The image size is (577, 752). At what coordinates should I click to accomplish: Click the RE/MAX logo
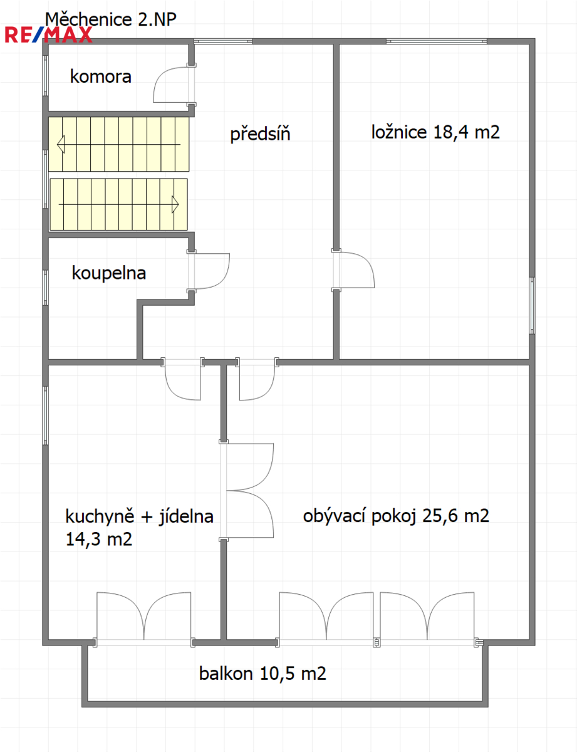coord(48,35)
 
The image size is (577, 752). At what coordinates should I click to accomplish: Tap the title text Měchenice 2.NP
coord(111,19)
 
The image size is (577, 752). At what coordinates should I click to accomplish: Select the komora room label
coord(101,76)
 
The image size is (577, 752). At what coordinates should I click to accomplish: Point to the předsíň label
coord(260,134)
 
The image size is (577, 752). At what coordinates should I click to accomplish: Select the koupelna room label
coord(109,273)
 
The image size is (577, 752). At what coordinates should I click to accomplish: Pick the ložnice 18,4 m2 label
coord(435,132)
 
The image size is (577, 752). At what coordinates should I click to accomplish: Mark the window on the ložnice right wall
coord(532,306)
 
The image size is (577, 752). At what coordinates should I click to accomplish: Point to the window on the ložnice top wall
coord(437,41)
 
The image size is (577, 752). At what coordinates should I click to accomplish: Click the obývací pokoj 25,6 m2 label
coord(396,516)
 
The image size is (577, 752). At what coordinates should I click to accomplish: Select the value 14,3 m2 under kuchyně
coord(99,540)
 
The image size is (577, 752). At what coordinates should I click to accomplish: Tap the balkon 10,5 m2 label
coord(263,674)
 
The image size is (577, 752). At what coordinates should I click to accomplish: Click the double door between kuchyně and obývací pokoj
coord(247,491)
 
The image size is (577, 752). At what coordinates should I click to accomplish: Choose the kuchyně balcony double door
coord(143,619)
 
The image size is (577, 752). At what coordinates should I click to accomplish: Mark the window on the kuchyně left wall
coord(45,415)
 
